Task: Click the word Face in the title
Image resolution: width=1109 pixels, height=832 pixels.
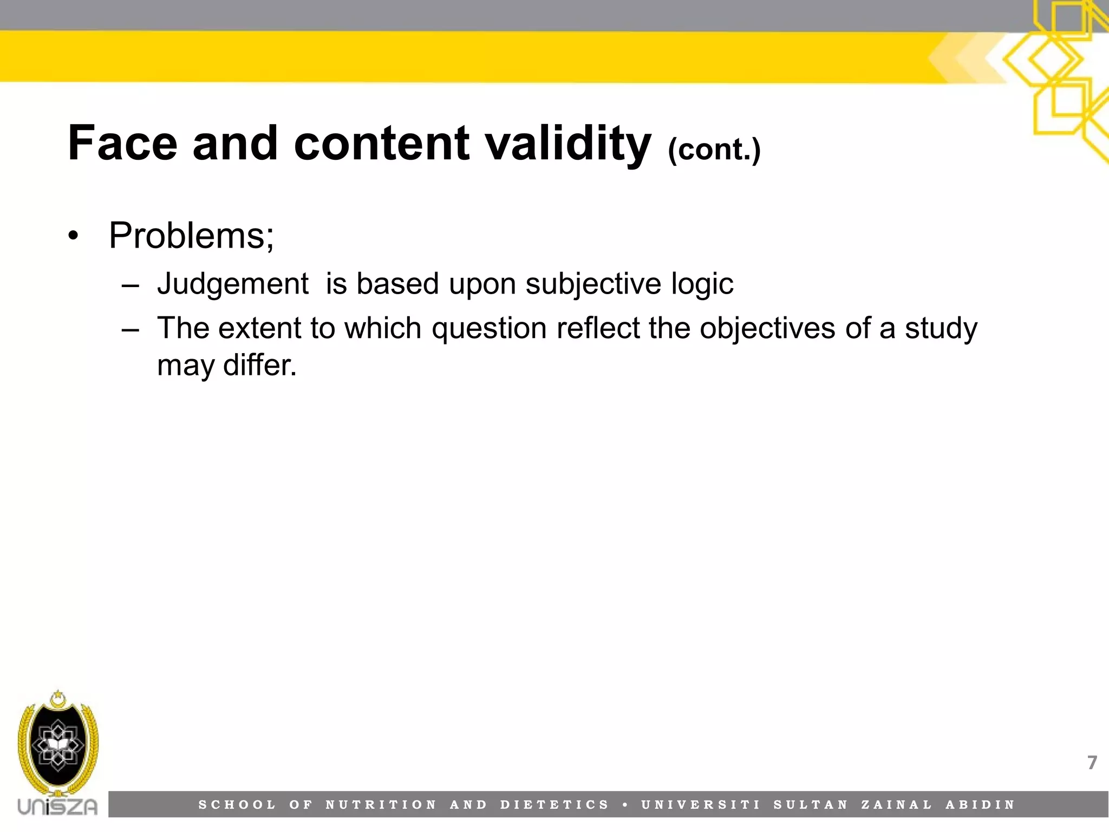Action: click(x=122, y=144)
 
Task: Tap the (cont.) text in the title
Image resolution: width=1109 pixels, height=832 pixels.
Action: click(x=714, y=149)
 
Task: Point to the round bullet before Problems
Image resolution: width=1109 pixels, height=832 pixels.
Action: click(x=74, y=237)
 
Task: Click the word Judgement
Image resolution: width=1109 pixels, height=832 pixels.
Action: click(x=232, y=284)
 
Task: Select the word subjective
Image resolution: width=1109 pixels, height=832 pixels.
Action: click(x=593, y=284)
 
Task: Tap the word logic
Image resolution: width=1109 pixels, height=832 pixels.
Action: click(x=702, y=284)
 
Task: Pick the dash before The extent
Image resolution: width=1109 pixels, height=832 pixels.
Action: click(x=131, y=329)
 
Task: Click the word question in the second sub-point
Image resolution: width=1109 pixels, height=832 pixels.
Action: click(x=489, y=328)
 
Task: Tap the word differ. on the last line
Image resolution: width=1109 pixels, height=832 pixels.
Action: click(x=260, y=365)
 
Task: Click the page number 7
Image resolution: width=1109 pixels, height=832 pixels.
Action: click(x=1092, y=763)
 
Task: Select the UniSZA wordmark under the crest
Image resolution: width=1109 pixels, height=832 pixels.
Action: click(x=58, y=806)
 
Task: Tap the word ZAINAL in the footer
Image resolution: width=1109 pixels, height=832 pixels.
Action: click(x=897, y=805)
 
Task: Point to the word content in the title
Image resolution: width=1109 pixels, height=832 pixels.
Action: click(x=382, y=144)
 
